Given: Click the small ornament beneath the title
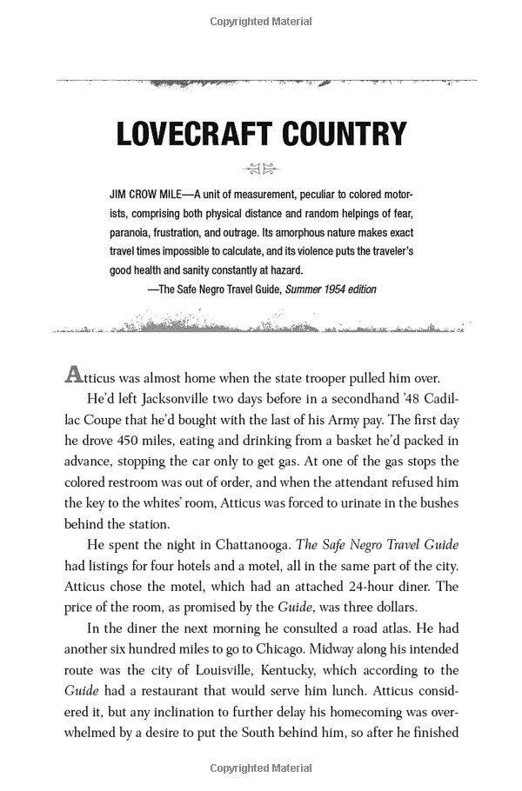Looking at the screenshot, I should (x=261, y=169).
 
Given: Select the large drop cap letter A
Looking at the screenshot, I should (x=73, y=376).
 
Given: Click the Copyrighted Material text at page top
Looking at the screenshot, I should (x=261, y=20).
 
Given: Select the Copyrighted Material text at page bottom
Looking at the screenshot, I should (x=261, y=769).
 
